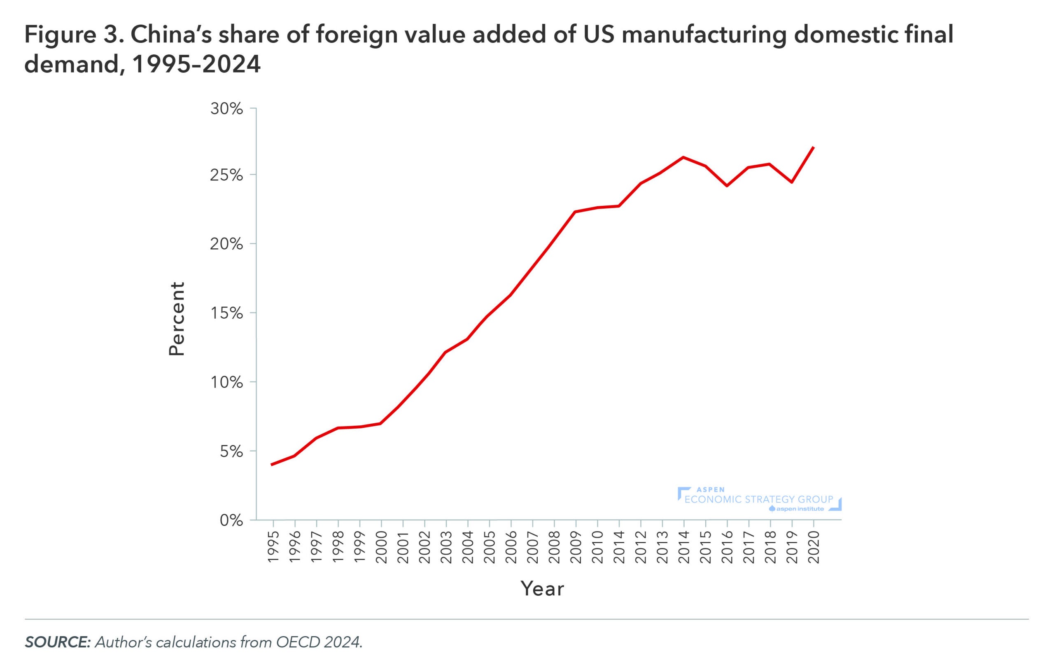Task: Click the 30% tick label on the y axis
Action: point(226,109)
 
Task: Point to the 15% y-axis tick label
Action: point(226,313)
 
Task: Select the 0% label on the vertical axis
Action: point(231,520)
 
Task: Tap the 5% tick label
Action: point(231,452)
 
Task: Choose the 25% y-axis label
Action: point(226,175)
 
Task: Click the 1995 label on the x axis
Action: point(273,547)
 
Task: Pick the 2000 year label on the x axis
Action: point(381,547)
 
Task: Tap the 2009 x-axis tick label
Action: point(576,547)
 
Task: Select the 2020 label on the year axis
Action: point(814,547)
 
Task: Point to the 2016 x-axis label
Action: point(727,547)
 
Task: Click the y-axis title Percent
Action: point(177,319)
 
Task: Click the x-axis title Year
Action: point(542,589)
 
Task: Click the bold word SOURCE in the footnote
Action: point(57,642)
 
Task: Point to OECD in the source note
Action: point(298,642)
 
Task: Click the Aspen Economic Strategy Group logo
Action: point(760,499)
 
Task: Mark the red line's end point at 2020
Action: point(814,147)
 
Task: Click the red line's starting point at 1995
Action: point(272,464)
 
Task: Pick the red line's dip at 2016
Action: point(727,186)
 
